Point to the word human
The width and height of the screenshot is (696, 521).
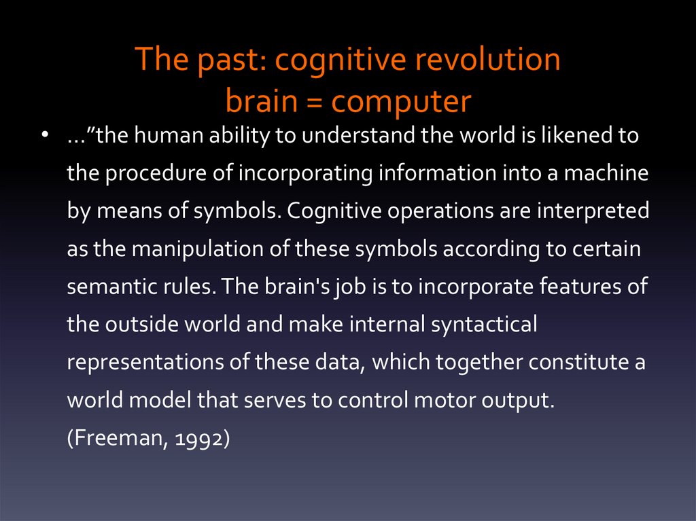tap(168, 136)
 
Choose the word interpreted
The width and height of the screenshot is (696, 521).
tap(593, 211)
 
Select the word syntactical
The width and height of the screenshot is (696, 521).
tap(484, 324)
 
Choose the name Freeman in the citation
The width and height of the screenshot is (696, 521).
tap(115, 438)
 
